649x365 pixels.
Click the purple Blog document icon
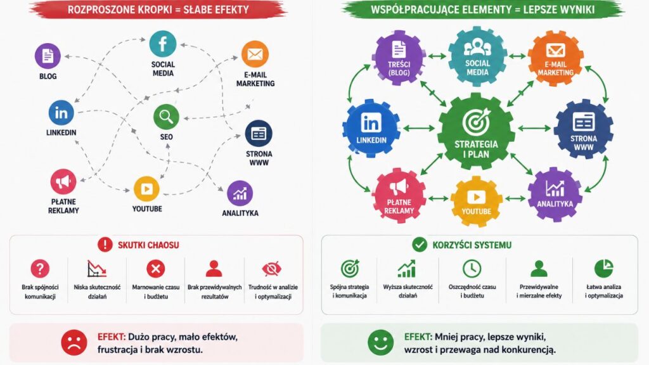48,56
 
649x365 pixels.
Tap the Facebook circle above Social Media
163,44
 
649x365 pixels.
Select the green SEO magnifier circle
166,117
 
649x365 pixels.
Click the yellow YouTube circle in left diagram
146,189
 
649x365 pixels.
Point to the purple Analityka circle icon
240,193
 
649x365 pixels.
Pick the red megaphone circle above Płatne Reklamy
63,182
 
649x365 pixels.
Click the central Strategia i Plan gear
477,132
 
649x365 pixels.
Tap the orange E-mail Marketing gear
555,58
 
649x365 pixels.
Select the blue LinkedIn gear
371,128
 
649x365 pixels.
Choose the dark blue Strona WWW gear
584,129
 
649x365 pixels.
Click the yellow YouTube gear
477,202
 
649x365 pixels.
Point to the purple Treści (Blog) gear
399,58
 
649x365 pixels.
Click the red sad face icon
74,342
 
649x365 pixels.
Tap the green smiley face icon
380,342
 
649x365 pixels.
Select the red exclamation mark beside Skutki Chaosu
105,245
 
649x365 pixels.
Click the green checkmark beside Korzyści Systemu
420,245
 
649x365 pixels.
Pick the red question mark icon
40,269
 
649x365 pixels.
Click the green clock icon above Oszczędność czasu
472,269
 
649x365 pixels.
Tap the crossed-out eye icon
271,269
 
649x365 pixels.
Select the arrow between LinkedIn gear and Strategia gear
419,129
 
